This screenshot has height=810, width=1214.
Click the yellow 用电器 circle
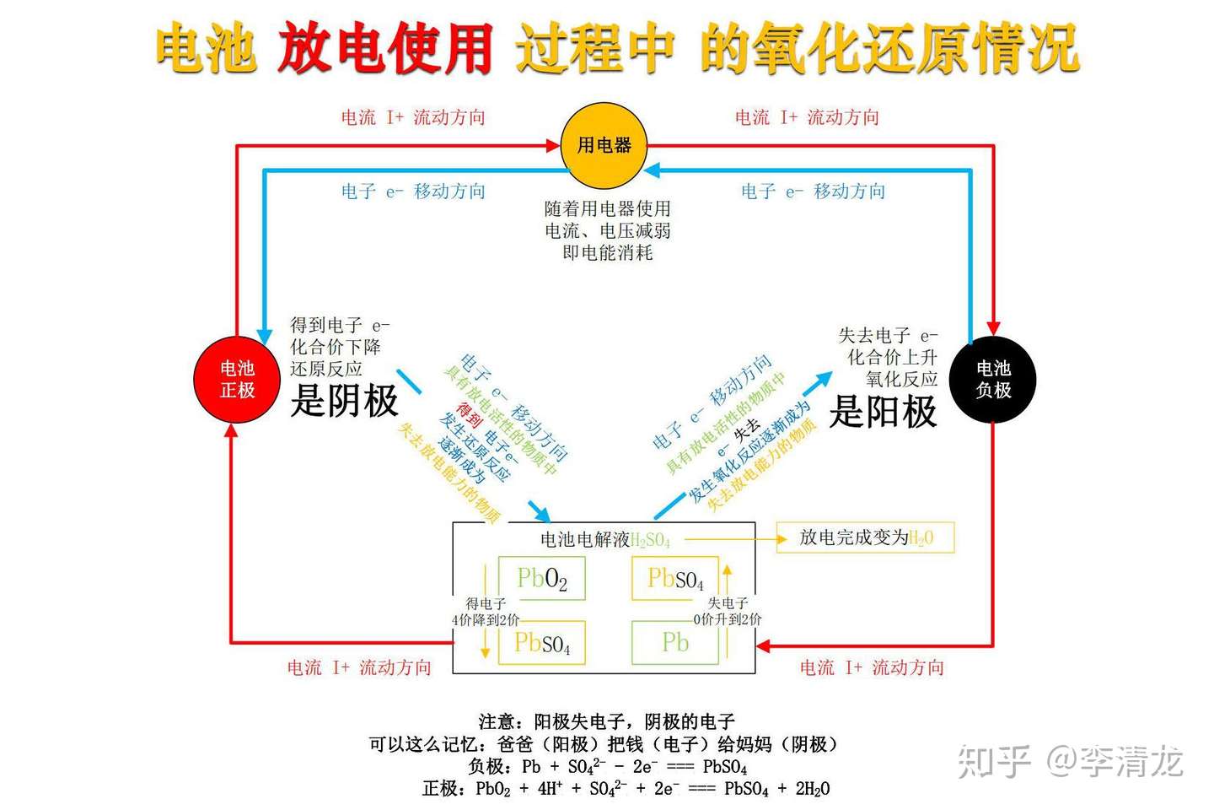coord(604,145)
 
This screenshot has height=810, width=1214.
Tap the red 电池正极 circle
coord(237,380)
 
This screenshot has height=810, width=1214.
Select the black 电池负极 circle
coord(992,380)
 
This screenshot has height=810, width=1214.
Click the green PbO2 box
coord(541,579)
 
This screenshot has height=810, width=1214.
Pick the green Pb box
coord(675,643)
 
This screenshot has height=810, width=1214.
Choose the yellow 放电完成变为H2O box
coord(865,537)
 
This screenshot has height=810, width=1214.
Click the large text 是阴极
coord(344,401)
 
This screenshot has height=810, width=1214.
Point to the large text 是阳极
coord(883,412)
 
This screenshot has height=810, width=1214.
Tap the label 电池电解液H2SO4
coord(604,540)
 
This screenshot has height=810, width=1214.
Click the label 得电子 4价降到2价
coord(486,612)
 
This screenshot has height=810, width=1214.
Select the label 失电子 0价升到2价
coord(728,611)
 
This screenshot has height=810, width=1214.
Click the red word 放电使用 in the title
coord(385,48)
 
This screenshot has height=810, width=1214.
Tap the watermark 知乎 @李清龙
coord(1071,761)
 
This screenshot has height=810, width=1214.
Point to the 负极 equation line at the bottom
coord(607,766)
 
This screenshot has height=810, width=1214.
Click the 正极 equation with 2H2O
coord(626,788)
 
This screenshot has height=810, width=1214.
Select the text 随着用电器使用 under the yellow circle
coord(607,208)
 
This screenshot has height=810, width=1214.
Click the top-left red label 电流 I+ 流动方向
coord(413,117)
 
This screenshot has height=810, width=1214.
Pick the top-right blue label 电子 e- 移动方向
coord(813,192)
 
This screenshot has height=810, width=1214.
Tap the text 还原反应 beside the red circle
coord(326,369)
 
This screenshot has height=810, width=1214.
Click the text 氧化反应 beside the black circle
coord(901,379)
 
